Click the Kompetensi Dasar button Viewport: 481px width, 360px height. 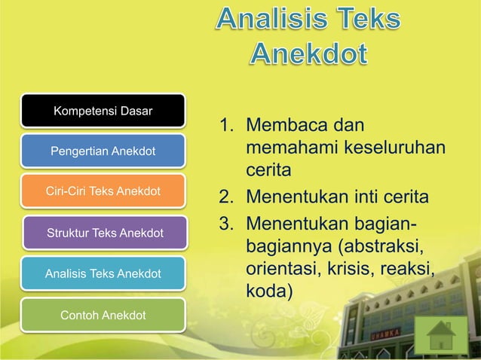point(103,112)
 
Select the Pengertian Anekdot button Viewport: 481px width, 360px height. point(103,152)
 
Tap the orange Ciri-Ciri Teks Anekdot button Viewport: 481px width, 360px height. point(103,191)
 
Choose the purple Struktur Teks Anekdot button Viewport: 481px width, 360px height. point(105,233)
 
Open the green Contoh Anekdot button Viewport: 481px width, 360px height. point(103,314)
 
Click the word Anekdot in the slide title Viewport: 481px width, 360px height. point(309,55)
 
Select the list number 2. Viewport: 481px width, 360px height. point(225,198)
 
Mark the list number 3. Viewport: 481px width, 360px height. point(225,224)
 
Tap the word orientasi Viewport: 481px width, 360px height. point(283,270)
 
